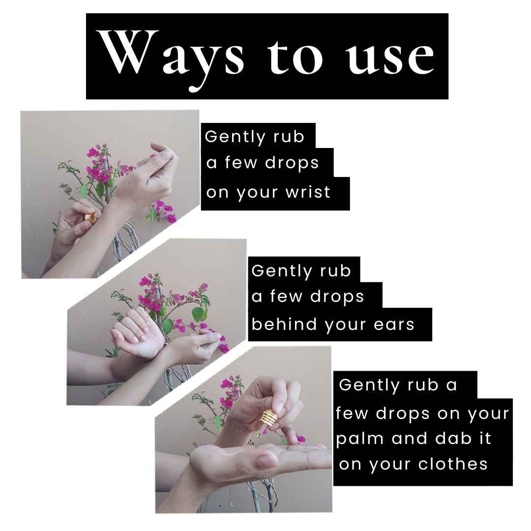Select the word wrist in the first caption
tap(308, 192)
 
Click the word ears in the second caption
tap(394, 324)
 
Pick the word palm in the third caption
tap(361, 439)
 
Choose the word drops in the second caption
tap(337, 296)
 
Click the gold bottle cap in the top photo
tap(90, 217)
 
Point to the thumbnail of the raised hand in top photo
tap(166, 154)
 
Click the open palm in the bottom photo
tap(271, 455)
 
